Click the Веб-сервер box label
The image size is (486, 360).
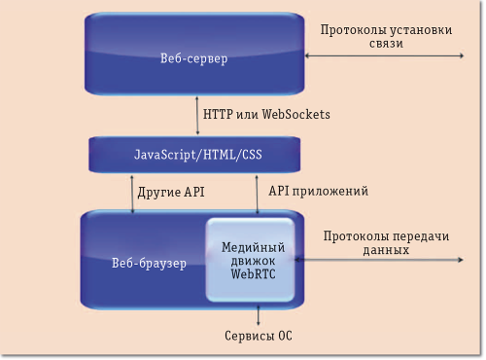pos(193,60)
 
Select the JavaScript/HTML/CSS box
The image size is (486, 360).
pos(193,155)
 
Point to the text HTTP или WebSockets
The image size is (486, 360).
pos(266,115)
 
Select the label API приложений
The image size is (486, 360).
pos(317,192)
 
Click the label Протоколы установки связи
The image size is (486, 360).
pos(386,37)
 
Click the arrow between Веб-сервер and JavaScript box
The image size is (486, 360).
pos(194,115)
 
